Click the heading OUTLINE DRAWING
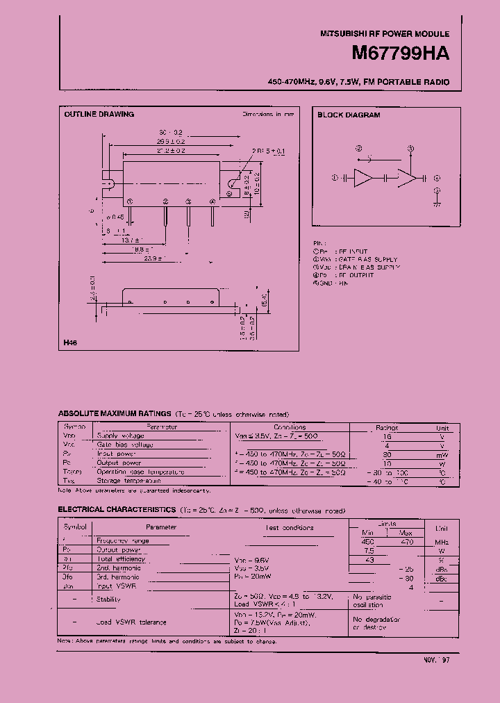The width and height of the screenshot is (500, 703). (x=99, y=114)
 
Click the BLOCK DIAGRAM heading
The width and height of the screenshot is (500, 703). (x=349, y=115)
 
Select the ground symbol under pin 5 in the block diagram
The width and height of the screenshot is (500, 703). (x=436, y=204)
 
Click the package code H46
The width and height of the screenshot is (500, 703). (x=70, y=343)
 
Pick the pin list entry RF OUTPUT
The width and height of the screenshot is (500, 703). (x=356, y=275)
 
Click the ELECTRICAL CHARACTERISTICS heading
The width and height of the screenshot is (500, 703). (x=116, y=509)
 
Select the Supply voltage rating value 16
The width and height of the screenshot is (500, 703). (x=387, y=436)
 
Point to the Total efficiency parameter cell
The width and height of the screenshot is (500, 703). (x=121, y=559)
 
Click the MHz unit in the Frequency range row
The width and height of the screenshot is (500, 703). (x=443, y=542)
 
